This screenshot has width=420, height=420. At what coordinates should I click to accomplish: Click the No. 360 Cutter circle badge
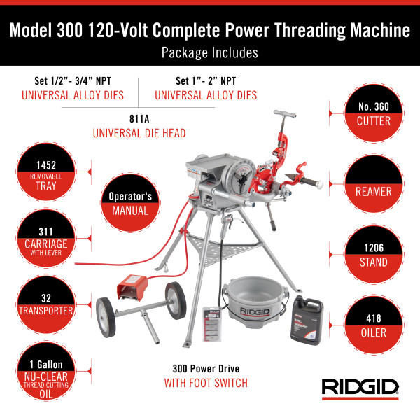coord(374,113)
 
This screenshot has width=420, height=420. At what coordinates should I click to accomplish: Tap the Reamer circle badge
coord(374,183)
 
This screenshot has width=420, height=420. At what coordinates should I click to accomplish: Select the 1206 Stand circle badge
coord(374,255)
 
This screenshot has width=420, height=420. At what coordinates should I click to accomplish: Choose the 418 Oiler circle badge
coord(374,325)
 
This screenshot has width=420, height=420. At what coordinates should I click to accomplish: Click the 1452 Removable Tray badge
coord(46,171)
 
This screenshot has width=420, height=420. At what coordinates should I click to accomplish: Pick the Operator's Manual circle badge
coord(130,202)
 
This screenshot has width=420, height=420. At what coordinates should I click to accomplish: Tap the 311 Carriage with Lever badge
coord(46,238)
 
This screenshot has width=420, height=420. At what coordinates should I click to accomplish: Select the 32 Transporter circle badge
coord(46,304)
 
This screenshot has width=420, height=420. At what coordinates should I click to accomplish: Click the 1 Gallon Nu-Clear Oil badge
coord(46,371)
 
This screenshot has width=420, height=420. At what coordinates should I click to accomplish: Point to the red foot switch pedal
coord(132,287)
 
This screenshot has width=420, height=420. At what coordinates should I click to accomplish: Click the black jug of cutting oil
coord(307,321)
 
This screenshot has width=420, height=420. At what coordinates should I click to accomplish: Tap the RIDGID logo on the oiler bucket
coord(255,311)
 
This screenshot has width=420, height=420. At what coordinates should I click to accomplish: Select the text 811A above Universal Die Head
coord(139,119)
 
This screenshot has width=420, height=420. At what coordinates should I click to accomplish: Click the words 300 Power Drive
coord(206,369)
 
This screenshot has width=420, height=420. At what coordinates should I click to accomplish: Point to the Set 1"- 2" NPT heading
coord(206,81)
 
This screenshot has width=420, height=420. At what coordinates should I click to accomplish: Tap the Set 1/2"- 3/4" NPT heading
coord(73,81)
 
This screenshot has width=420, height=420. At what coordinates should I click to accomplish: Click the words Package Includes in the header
coord(210,52)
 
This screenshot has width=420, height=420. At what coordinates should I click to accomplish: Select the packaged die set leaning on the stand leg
coord(212,324)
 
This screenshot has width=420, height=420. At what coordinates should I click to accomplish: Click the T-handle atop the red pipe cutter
coord(285,114)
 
